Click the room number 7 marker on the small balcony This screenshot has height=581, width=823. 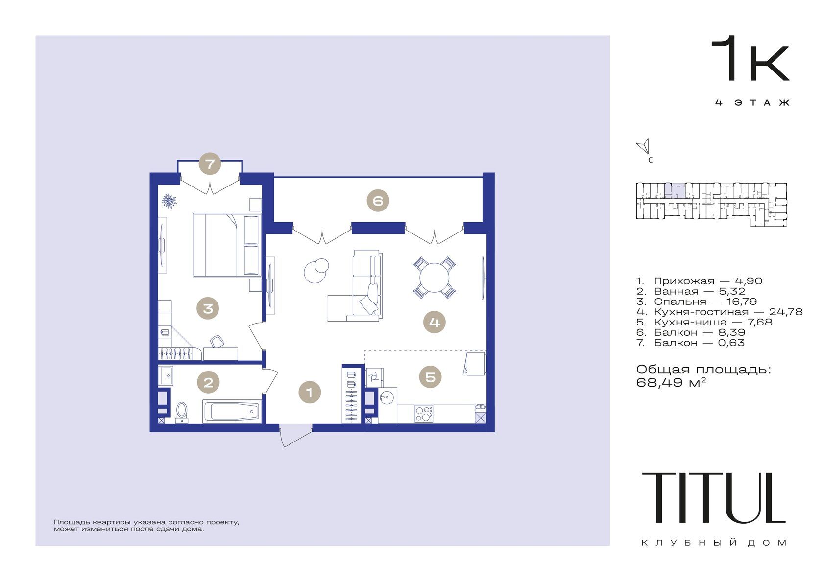[210, 163]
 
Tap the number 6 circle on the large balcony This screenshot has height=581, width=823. [378, 200]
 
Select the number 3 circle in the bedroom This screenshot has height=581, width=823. [208, 308]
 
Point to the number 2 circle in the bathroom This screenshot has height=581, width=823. [208, 382]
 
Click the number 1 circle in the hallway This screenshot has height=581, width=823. [310, 393]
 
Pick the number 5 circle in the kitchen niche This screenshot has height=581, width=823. [431, 376]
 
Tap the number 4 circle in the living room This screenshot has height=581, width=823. [435, 322]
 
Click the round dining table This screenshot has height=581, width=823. [434, 278]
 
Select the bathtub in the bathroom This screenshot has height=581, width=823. [232, 411]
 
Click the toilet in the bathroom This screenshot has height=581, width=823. [181, 412]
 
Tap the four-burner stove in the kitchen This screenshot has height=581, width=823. [424, 414]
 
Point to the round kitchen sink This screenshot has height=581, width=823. [387, 397]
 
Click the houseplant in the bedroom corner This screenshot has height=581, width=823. [169, 200]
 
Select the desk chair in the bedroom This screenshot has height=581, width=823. [217, 341]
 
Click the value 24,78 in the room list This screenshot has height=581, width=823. [786, 312]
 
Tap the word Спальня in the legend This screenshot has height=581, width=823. [680, 302]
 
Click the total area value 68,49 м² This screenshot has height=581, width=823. [671, 382]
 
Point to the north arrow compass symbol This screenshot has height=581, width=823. [643, 146]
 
